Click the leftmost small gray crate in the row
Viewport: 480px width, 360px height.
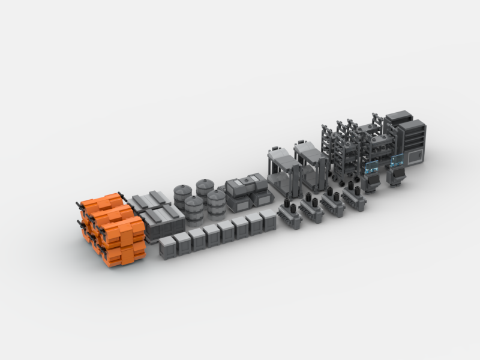[167, 247]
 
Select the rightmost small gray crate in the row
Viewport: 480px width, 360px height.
[268, 220]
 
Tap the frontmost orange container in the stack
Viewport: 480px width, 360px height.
[123, 243]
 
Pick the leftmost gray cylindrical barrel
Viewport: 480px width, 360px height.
[182, 195]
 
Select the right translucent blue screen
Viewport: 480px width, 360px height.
[397, 160]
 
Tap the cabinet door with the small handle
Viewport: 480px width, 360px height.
[415, 157]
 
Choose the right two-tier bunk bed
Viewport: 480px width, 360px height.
[312, 162]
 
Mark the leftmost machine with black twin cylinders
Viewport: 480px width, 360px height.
[290, 214]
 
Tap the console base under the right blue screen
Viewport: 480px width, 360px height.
[397, 176]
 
